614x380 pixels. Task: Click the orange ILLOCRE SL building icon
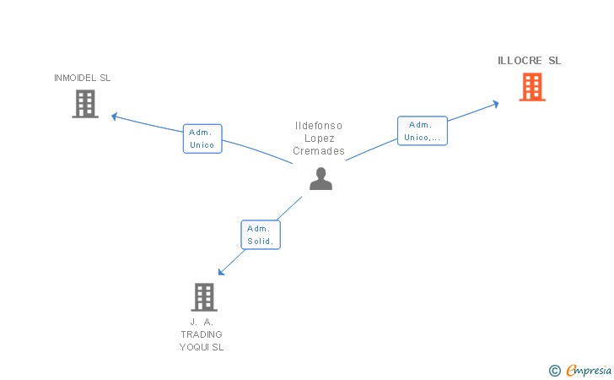coord(531,87)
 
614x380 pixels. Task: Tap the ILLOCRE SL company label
coord(529,61)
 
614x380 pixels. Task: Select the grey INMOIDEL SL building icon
coord(85,104)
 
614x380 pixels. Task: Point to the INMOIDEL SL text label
coord(82,78)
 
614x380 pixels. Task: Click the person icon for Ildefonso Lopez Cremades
coord(320,178)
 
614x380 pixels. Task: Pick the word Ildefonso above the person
coord(319,126)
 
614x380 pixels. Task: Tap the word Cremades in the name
coord(319,151)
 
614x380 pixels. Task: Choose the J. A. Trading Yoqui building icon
coord(204,296)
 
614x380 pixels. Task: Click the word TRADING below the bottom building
coord(202,334)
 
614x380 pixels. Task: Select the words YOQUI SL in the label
coord(202,347)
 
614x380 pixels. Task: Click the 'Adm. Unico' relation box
coord(202,138)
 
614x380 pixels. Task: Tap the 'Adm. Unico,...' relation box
coord(422,131)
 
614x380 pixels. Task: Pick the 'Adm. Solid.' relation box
coord(261,235)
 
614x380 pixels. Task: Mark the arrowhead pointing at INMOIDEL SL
coord(115,117)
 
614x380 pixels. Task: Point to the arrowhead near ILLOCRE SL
coord(496,103)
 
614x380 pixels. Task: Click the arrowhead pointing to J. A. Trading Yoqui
coord(221,272)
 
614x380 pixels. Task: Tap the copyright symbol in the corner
coord(554,370)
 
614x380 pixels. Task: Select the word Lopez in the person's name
coord(319,138)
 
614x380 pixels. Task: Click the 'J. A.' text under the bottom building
coord(202,322)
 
